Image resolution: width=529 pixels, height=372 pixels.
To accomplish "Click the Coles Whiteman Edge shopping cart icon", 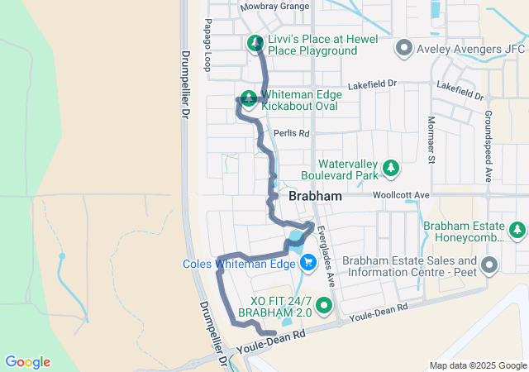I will coord(308,262).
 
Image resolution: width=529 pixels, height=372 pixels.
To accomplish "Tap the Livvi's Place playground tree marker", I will coord(255,42).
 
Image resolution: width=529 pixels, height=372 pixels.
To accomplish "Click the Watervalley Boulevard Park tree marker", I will coord(392,169).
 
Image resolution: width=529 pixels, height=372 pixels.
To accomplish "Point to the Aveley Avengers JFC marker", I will coord(404,48).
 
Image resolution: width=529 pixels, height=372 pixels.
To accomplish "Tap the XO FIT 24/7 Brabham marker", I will coord(323,307).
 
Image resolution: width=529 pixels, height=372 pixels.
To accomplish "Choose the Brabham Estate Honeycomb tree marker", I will coord(517,229).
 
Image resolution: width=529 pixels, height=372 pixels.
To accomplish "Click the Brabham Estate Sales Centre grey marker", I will coord(489,266).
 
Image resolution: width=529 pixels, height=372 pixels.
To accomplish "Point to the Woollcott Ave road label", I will coord(402,194).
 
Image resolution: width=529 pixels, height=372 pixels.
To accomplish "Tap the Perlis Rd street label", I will coord(293,133).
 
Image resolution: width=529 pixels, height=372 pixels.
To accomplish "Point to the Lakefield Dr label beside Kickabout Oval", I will coord(373,84).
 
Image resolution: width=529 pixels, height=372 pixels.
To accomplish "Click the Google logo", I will coord(28,362).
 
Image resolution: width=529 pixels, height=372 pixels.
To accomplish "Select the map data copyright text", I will coord(477,366).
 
